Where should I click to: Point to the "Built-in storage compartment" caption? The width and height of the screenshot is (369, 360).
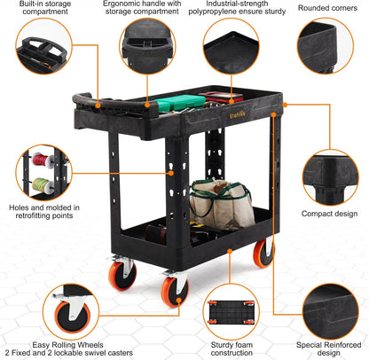(39, 8)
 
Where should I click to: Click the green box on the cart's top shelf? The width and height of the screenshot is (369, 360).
(177, 104)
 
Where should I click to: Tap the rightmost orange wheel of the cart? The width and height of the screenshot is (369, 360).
(263, 253)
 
